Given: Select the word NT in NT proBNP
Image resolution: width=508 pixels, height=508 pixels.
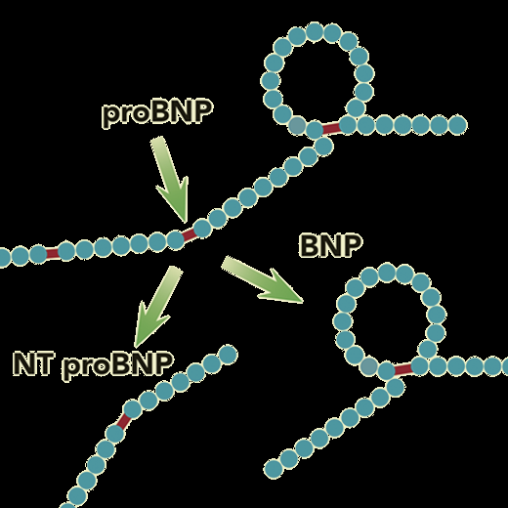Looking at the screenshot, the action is (x=33, y=363).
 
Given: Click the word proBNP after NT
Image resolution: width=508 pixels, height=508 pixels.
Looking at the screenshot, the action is (x=117, y=365).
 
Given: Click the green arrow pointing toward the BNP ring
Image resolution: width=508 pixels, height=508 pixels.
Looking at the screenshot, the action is (x=262, y=280).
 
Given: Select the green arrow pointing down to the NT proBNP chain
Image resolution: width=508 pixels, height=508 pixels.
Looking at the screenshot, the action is (x=157, y=305).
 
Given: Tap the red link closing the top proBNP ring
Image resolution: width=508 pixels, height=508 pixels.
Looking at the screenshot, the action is (x=331, y=128).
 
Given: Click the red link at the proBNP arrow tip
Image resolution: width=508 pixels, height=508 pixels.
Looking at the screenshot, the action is (x=190, y=234).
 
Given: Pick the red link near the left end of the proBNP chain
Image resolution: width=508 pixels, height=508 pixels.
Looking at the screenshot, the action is (x=52, y=253).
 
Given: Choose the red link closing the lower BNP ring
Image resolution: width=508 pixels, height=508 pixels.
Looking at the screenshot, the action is (x=402, y=369).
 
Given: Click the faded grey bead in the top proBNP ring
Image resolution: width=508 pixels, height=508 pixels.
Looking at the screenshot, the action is (x=297, y=125).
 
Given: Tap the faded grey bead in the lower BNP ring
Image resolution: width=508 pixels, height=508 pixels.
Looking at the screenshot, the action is (x=368, y=366).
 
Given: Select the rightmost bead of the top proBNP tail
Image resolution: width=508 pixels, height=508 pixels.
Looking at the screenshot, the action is (x=457, y=125).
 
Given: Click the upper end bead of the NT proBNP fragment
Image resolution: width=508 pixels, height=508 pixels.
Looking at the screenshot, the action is (x=228, y=354).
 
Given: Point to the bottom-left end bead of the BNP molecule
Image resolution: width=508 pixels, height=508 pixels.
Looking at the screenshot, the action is (x=274, y=469).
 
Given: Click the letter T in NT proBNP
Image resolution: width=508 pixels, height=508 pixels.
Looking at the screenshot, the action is (x=44, y=363).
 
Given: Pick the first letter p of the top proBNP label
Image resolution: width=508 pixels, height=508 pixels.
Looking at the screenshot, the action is (x=109, y=116).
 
